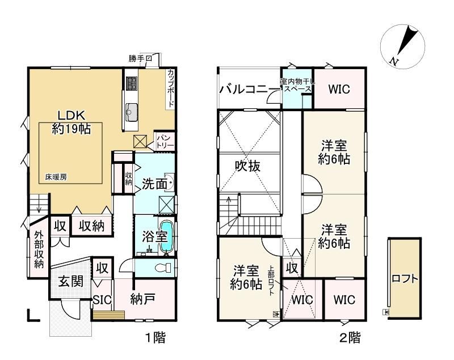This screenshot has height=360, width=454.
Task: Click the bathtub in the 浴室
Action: coord(167,237)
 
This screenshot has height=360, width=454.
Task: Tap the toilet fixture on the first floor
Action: coord(163,268)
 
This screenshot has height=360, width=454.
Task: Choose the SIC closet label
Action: coord(103,300)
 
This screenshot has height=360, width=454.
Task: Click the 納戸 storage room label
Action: coord(143,299)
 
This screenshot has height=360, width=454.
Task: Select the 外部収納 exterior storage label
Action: coord(39,249)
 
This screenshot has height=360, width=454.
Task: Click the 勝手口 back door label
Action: coord(140,59)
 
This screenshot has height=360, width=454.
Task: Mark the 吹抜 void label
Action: coord(247,166)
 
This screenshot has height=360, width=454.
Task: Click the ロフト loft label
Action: coord(405,279)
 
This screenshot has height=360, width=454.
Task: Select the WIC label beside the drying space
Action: coord(339,89)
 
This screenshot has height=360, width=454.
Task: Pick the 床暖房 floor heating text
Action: coord(56,177)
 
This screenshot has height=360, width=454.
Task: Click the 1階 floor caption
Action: coord(155,337)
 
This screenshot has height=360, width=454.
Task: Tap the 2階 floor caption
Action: coord(350,337)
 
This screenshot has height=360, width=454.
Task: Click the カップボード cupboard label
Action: coord(171,88)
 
